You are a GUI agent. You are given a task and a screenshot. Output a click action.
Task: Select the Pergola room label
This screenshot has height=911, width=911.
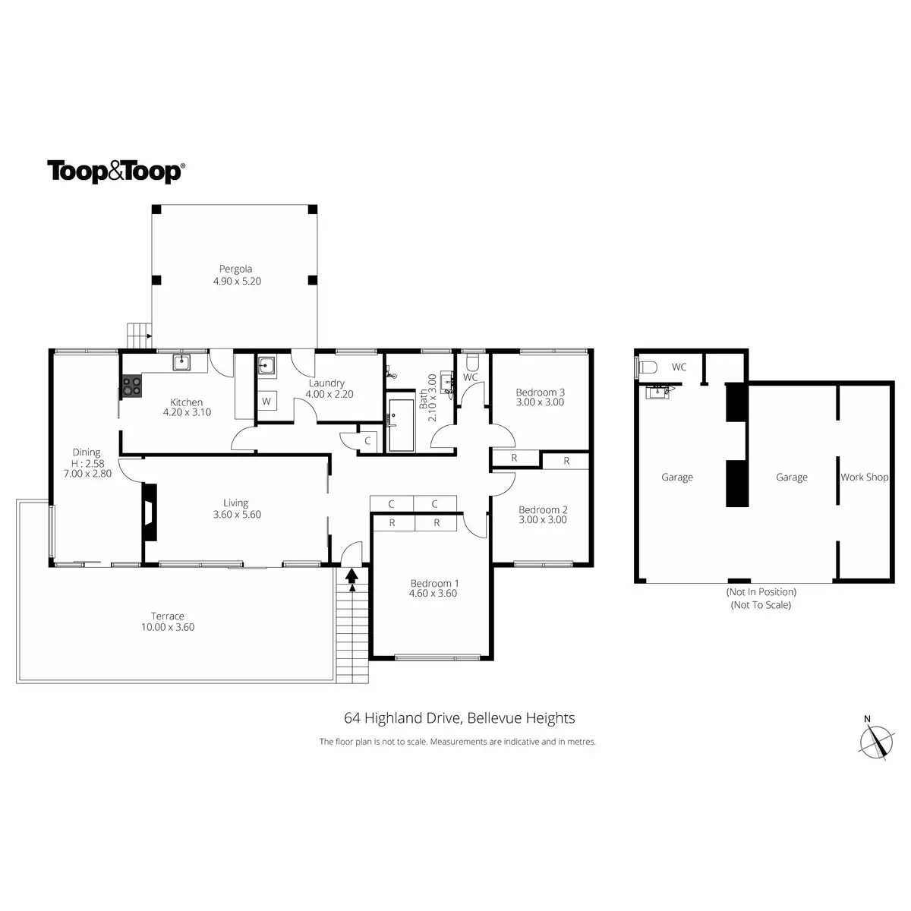point(235,269)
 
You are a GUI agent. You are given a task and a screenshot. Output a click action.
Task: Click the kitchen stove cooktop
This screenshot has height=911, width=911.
point(132,386)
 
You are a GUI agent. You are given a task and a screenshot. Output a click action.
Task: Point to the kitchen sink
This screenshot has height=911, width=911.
point(181,363)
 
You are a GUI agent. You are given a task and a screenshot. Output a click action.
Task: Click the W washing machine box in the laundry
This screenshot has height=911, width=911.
point(266,401)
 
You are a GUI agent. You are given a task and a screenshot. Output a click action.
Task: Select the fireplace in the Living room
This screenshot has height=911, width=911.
point(150,512)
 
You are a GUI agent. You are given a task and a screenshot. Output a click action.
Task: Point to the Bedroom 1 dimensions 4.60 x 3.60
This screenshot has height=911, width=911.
point(433,594)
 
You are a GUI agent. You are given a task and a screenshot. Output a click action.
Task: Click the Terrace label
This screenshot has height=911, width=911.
point(168,616)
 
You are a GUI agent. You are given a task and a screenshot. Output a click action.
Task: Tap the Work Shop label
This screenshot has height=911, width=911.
point(864,478)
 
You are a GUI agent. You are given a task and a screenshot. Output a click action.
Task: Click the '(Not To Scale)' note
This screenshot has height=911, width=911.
point(761,605)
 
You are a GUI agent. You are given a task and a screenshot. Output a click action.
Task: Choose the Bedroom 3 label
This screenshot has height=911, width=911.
point(540,392)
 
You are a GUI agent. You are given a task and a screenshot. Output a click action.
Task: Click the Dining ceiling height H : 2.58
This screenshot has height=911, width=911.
point(87,463)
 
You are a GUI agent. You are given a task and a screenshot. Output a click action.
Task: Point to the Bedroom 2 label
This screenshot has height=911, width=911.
point(543,510)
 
